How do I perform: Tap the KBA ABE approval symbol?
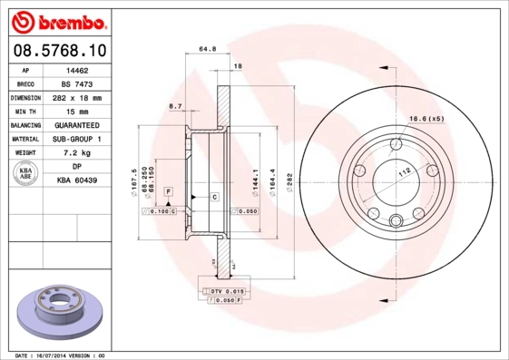tap(25, 175)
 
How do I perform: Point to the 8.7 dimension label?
tap(175, 108)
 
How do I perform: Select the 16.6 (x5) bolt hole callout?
tap(425, 120)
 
